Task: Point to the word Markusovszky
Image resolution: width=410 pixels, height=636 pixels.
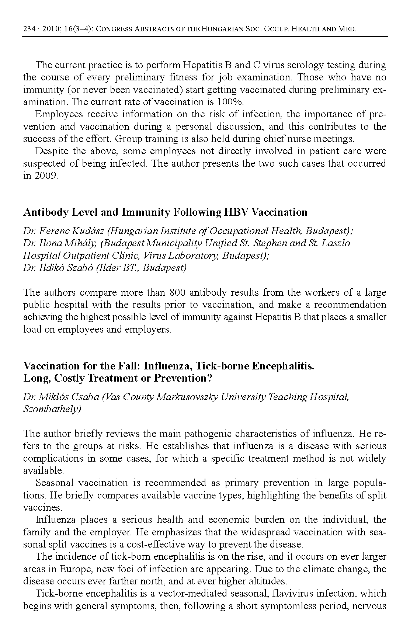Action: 188,397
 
